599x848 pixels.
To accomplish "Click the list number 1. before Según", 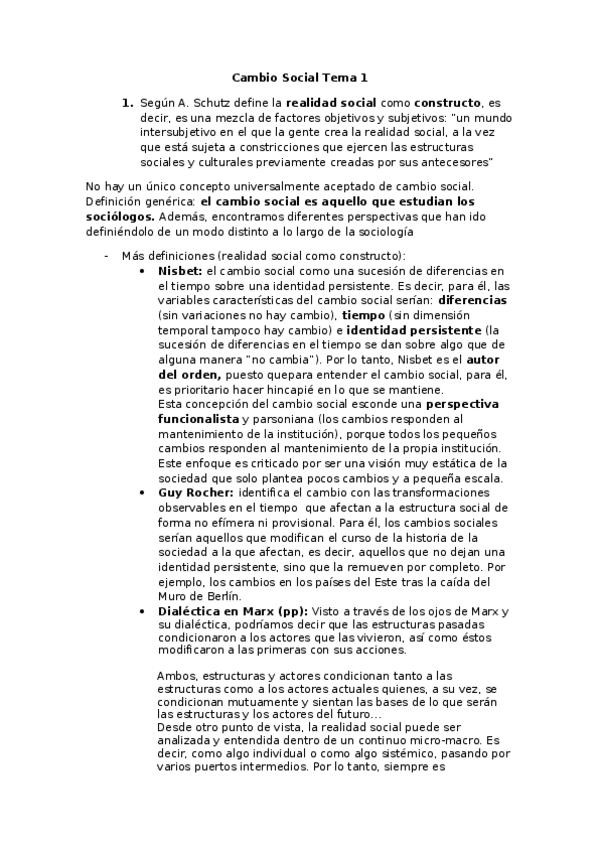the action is click(127, 103).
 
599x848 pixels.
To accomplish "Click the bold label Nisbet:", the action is click(180, 270).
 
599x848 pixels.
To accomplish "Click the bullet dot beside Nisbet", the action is click(149, 270).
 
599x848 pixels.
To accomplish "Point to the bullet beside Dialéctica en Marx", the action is click(149, 610).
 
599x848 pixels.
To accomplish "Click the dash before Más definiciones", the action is click(107, 255).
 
